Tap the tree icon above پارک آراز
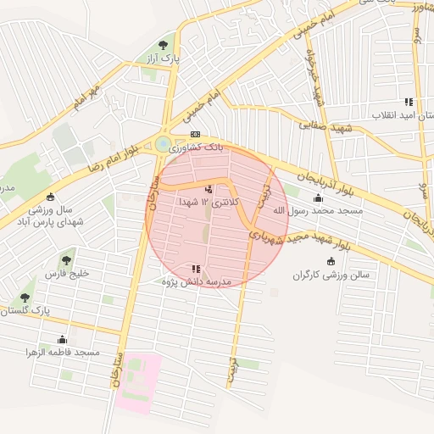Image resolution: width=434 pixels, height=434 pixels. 162,44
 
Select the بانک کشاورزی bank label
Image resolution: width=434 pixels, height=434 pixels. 197,147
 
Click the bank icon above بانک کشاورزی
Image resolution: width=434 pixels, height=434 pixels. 196,134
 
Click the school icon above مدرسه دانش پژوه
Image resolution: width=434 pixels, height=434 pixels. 197,268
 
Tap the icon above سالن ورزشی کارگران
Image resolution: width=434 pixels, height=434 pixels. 331,261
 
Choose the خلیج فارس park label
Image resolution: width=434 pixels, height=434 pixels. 66,275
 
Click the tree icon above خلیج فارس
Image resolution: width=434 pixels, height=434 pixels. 67,259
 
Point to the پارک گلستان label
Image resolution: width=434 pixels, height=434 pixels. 25,312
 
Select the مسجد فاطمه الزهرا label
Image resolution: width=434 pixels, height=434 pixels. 63,351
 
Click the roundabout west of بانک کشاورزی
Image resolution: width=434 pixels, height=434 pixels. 162,145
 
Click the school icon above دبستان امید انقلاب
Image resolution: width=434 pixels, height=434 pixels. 409,101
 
